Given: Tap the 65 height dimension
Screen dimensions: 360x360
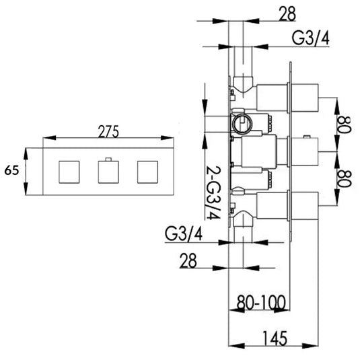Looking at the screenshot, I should tap(11, 171).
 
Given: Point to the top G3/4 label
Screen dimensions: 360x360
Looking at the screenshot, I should tap(312, 39).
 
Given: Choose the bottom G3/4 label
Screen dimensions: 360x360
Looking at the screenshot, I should tap(184, 236).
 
